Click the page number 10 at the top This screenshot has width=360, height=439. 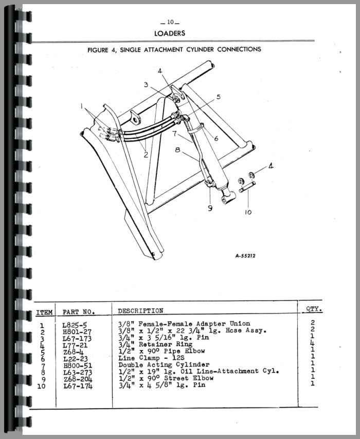(170, 22)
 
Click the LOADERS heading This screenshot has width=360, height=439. (170, 33)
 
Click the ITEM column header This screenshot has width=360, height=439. (44, 312)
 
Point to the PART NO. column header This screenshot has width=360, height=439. (79, 312)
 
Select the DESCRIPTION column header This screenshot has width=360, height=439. (140, 311)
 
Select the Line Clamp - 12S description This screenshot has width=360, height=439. (150, 357)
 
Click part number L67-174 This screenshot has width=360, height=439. (77, 385)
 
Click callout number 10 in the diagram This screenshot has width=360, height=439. (248, 212)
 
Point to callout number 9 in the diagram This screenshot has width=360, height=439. (210, 208)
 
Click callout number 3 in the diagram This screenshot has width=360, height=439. (146, 85)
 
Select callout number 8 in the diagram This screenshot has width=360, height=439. (177, 151)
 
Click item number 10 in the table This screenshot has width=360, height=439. (42, 385)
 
